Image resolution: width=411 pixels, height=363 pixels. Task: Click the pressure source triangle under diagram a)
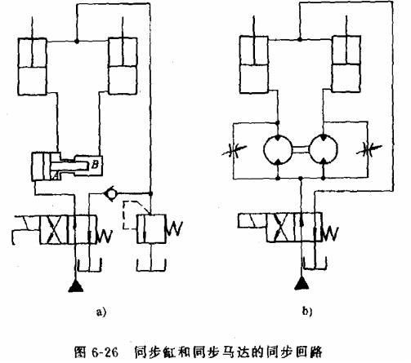pyautogui.click(x=77, y=285)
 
